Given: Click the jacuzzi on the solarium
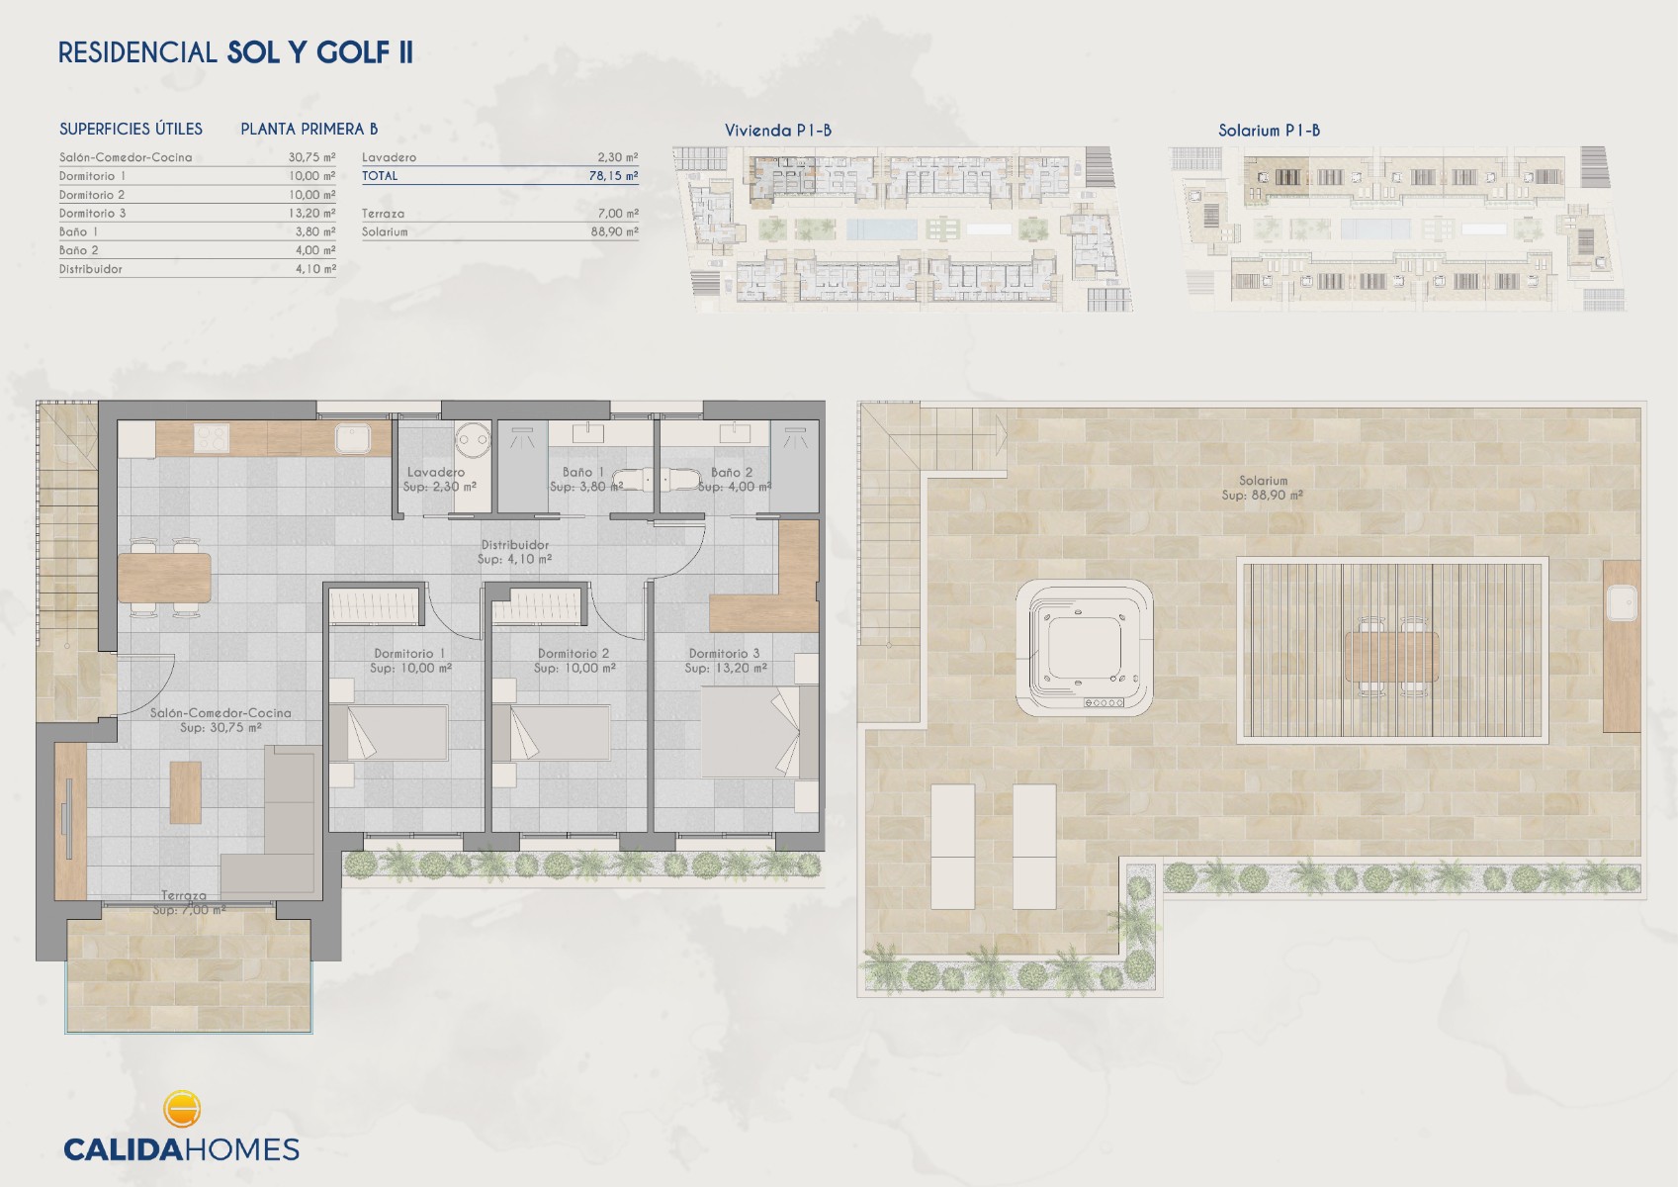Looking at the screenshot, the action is (x=1084, y=647).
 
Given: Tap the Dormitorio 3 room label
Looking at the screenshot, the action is (x=724, y=654).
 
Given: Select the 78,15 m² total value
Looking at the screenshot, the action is (x=613, y=176).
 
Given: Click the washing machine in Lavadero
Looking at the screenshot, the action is (x=473, y=436).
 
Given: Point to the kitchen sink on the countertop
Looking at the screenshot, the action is (x=353, y=438).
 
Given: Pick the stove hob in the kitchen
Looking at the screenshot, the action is (x=212, y=437).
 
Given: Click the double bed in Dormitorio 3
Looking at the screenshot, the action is (x=759, y=731).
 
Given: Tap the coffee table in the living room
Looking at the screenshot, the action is (x=185, y=792).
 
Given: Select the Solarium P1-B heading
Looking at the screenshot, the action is (x=1269, y=131).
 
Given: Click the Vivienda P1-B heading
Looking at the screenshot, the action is (x=777, y=131).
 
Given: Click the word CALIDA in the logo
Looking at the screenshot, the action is (x=124, y=1149).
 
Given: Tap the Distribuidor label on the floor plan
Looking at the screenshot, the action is (x=514, y=545).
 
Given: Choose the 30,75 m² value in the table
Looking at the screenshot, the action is (x=311, y=157).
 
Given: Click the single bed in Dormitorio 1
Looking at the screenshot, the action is (x=388, y=733).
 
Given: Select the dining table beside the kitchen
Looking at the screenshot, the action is (x=164, y=578).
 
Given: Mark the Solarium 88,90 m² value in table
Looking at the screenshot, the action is (x=614, y=231).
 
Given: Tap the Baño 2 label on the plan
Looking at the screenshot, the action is (x=731, y=472).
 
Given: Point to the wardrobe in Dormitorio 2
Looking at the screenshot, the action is (x=538, y=605).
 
